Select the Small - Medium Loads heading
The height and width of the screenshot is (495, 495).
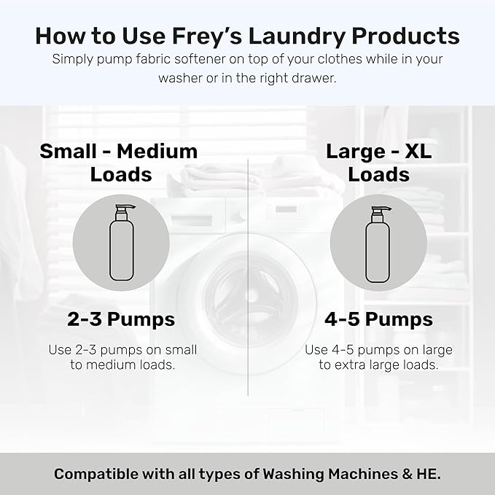(x=119, y=163)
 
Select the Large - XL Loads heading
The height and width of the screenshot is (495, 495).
(x=378, y=163)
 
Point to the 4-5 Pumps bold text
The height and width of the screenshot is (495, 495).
(x=378, y=319)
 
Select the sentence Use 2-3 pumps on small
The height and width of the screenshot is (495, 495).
(x=122, y=349)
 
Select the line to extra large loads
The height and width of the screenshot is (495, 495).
(x=378, y=365)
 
